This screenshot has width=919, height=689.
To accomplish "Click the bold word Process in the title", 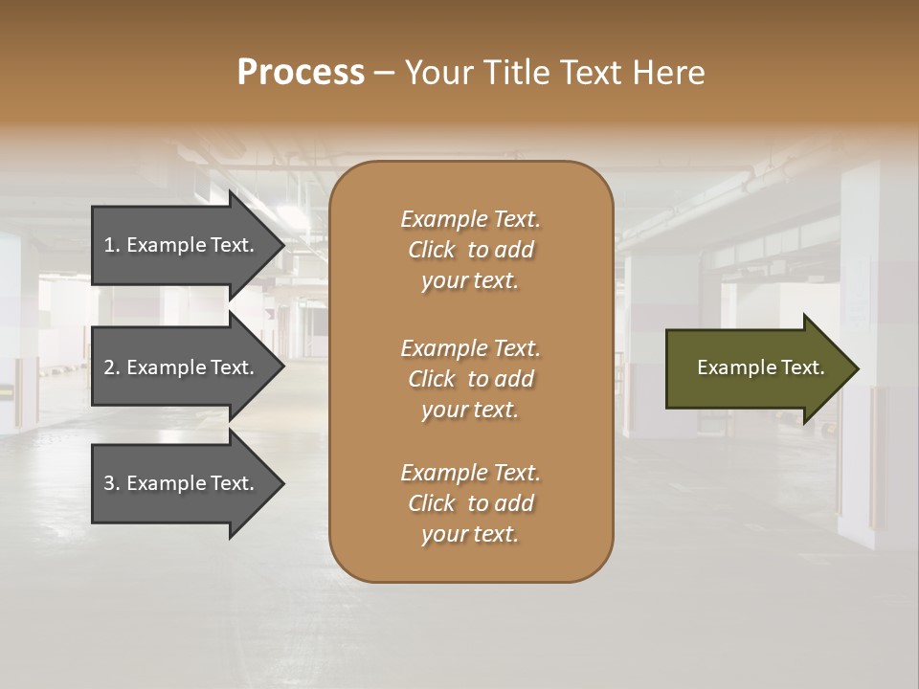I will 301,73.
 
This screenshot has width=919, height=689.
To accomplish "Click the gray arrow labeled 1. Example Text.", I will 182,245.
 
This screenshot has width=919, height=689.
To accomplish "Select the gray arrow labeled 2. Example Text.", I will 182,367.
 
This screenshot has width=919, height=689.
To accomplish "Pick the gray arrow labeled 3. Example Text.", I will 182,483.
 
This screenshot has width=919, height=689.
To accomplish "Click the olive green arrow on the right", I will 756,367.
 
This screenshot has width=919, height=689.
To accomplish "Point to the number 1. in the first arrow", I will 112,245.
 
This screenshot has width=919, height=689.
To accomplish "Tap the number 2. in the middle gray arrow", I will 112,367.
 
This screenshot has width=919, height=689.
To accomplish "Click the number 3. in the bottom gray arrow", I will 112,483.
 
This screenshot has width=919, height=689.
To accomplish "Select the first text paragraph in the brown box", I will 470,250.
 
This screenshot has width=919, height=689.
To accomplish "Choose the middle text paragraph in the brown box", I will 470,379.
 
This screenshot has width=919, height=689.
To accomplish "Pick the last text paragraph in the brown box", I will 470,503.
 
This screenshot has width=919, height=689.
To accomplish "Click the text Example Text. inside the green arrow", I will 760,367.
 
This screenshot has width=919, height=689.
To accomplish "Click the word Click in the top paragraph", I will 431,250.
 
